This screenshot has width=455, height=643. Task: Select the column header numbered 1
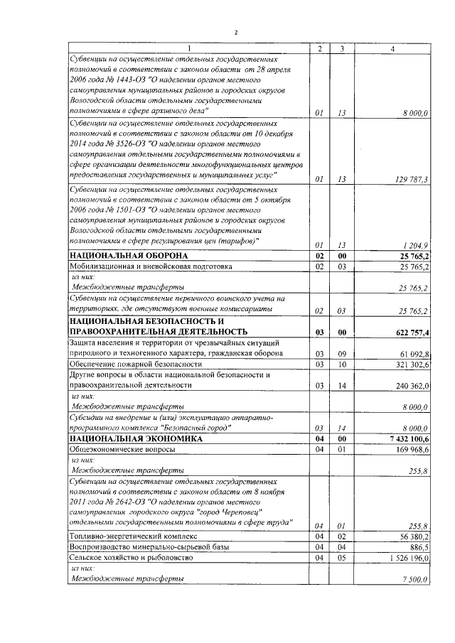(189, 48)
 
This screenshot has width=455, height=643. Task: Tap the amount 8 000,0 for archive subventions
(414, 112)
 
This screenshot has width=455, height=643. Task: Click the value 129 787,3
(412, 179)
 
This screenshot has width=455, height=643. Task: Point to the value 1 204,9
(415, 244)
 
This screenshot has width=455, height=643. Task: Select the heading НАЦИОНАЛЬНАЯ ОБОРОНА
(128, 255)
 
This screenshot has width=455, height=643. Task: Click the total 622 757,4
(410, 331)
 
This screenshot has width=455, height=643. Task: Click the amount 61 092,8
(412, 353)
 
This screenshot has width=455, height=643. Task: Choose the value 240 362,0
(410, 385)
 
